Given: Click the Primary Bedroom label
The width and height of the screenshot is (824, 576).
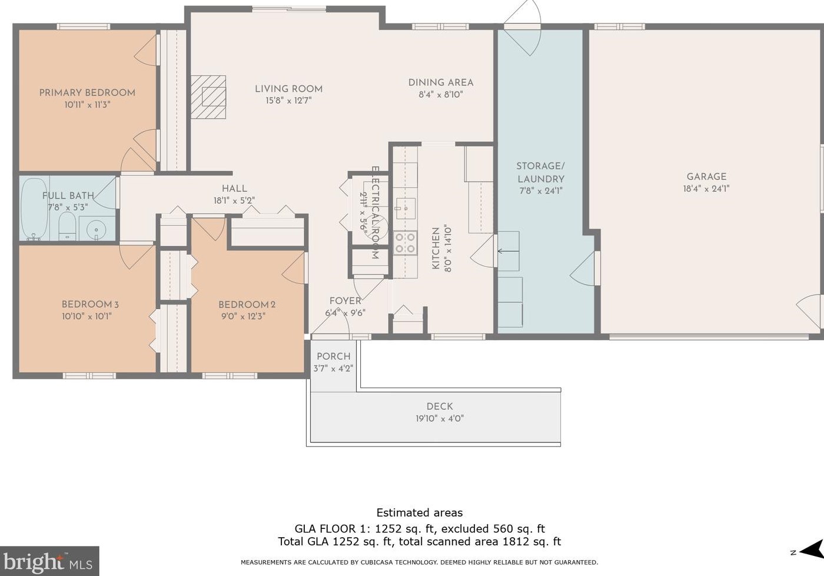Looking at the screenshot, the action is click(x=87, y=92).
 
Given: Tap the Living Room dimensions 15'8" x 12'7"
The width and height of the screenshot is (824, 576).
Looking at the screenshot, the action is click(x=289, y=101).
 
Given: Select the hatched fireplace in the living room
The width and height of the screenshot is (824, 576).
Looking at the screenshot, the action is click(x=208, y=97).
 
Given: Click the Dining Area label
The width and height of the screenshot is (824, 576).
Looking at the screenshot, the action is click(x=441, y=82).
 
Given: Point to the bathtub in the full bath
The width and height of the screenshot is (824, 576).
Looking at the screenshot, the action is click(x=34, y=209).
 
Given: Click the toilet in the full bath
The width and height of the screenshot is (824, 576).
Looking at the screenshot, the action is click(x=67, y=226).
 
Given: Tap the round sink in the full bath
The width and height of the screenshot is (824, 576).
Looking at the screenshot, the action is click(x=97, y=230).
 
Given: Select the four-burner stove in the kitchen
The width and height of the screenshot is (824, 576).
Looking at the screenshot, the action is click(x=405, y=243).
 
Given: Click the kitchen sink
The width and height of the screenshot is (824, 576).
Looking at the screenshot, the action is click(x=406, y=208).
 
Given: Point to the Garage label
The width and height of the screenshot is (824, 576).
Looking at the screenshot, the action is click(x=706, y=177).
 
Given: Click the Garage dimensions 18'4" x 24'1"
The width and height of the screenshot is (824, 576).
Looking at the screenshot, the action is click(x=706, y=189).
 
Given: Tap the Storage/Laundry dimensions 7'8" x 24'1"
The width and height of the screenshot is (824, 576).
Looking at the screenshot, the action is click(x=541, y=191).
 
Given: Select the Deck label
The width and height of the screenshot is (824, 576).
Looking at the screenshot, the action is click(x=440, y=406).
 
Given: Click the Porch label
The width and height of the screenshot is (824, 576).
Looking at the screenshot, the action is click(x=333, y=356).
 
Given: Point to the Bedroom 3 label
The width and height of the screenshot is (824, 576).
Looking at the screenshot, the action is click(x=90, y=304).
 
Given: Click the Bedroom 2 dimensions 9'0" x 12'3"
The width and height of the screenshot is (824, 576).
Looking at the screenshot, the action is click(x=243, y=316).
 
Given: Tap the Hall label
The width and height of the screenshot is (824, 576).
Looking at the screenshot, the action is click(x=234, y=188).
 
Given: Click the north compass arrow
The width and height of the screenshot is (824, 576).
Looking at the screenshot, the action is click(x=811, y=551).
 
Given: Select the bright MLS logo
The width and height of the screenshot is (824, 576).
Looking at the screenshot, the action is click(x=49, y=561).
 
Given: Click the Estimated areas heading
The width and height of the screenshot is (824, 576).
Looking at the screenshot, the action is click(x=419, y=513).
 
